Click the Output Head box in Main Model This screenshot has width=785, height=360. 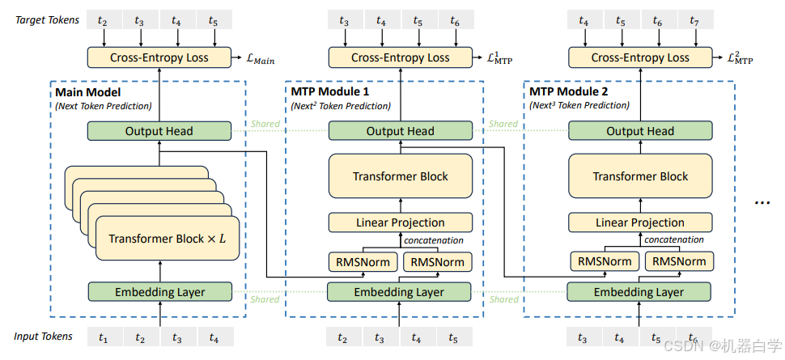click(159, 131)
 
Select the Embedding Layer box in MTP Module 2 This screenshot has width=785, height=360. click(639, 292)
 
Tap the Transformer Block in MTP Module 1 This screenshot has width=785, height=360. click(400, 176)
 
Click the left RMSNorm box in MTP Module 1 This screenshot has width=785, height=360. click(363, 262)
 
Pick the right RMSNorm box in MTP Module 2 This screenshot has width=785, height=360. click(679, 261)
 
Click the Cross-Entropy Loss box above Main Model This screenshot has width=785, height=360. click(159, 57)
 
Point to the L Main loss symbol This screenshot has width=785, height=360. click(261, 60)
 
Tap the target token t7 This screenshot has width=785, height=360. click(694, 20)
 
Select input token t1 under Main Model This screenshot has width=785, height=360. click(104, 338)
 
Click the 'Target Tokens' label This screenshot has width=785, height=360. click(47, 20)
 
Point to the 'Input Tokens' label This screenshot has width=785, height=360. click(43, 337)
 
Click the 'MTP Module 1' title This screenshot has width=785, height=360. click(330, 91)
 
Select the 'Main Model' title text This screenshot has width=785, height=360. click(88, 92)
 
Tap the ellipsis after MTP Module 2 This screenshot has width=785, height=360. click(762, 201)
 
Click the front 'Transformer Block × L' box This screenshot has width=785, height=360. click(168, 239)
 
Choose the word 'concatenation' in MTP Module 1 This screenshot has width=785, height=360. click(434, 240)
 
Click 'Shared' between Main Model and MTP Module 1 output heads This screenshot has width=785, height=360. click(265, 124)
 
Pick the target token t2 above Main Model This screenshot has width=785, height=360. click(103, 20)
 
